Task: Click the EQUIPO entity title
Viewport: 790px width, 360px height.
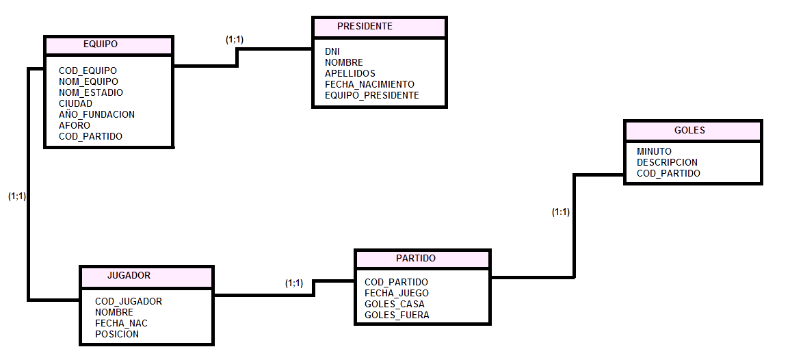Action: pyautogui.click(x=100, y=44)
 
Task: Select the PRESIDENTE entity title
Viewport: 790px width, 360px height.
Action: pyautogui.click(x=365, y=26)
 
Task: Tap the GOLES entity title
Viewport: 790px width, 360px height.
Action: pyautogui.click(x=689, y=130)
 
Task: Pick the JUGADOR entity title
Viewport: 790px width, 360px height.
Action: pyautogui.click(x=129, y=276)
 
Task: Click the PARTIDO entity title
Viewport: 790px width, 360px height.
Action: pyautogui.click(x=416, y=259)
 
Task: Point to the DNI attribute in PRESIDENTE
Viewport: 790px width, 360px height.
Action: pyautogui.click(x=332, y=51)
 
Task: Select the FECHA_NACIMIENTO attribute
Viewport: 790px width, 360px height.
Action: pyautogui.click(x=369, y=84)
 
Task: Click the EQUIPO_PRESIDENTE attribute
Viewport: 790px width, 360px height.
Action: pyautogui.click(x=371, y=95)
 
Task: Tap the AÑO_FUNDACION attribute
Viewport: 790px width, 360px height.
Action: pyautogui.click(x=96, y=114)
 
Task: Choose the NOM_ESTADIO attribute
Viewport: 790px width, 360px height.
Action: pyautogui.click(x=91, y=92)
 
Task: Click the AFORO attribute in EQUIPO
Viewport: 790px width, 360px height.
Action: pyautogui.click(x=75, y=125)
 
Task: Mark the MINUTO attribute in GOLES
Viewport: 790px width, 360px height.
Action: pyautogui.click(x=654, y=151)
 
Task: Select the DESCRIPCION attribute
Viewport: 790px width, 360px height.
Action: pyautogui.click(x=667, y=162)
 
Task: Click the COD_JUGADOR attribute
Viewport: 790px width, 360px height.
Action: pyautogui.click(x=129, y=301)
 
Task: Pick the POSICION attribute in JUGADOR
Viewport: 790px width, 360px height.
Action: pyautogui.click(x=117, y=334)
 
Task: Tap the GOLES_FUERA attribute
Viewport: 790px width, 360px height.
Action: pyautogui.click(x=397, y=315)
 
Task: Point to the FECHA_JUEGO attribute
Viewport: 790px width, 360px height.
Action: pyautogui.click(x=397, y=293)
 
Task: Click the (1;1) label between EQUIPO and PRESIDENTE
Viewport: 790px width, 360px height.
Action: pyautogui.click(x=235, y=40)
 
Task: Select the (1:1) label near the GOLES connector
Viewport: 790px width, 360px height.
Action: pyautogui.click(x=561, y=212)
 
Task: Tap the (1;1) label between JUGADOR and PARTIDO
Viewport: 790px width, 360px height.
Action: pyautogui.click(x=294, y=283)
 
